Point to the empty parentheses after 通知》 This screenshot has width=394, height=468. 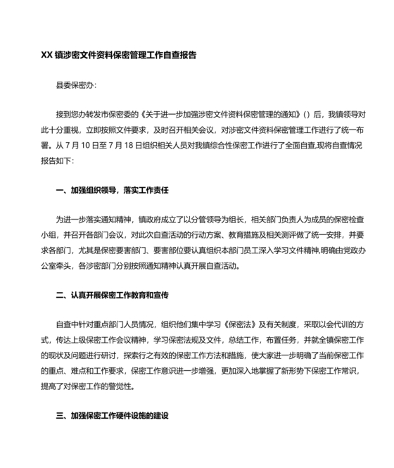click(x=307, y=113)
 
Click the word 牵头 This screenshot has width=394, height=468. click(x=70, y=267)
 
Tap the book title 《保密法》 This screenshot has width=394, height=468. click(x=244, y=323)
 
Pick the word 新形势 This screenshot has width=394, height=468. click(x=284, y=372)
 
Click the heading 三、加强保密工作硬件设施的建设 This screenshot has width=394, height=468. click(x=113, y=416)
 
